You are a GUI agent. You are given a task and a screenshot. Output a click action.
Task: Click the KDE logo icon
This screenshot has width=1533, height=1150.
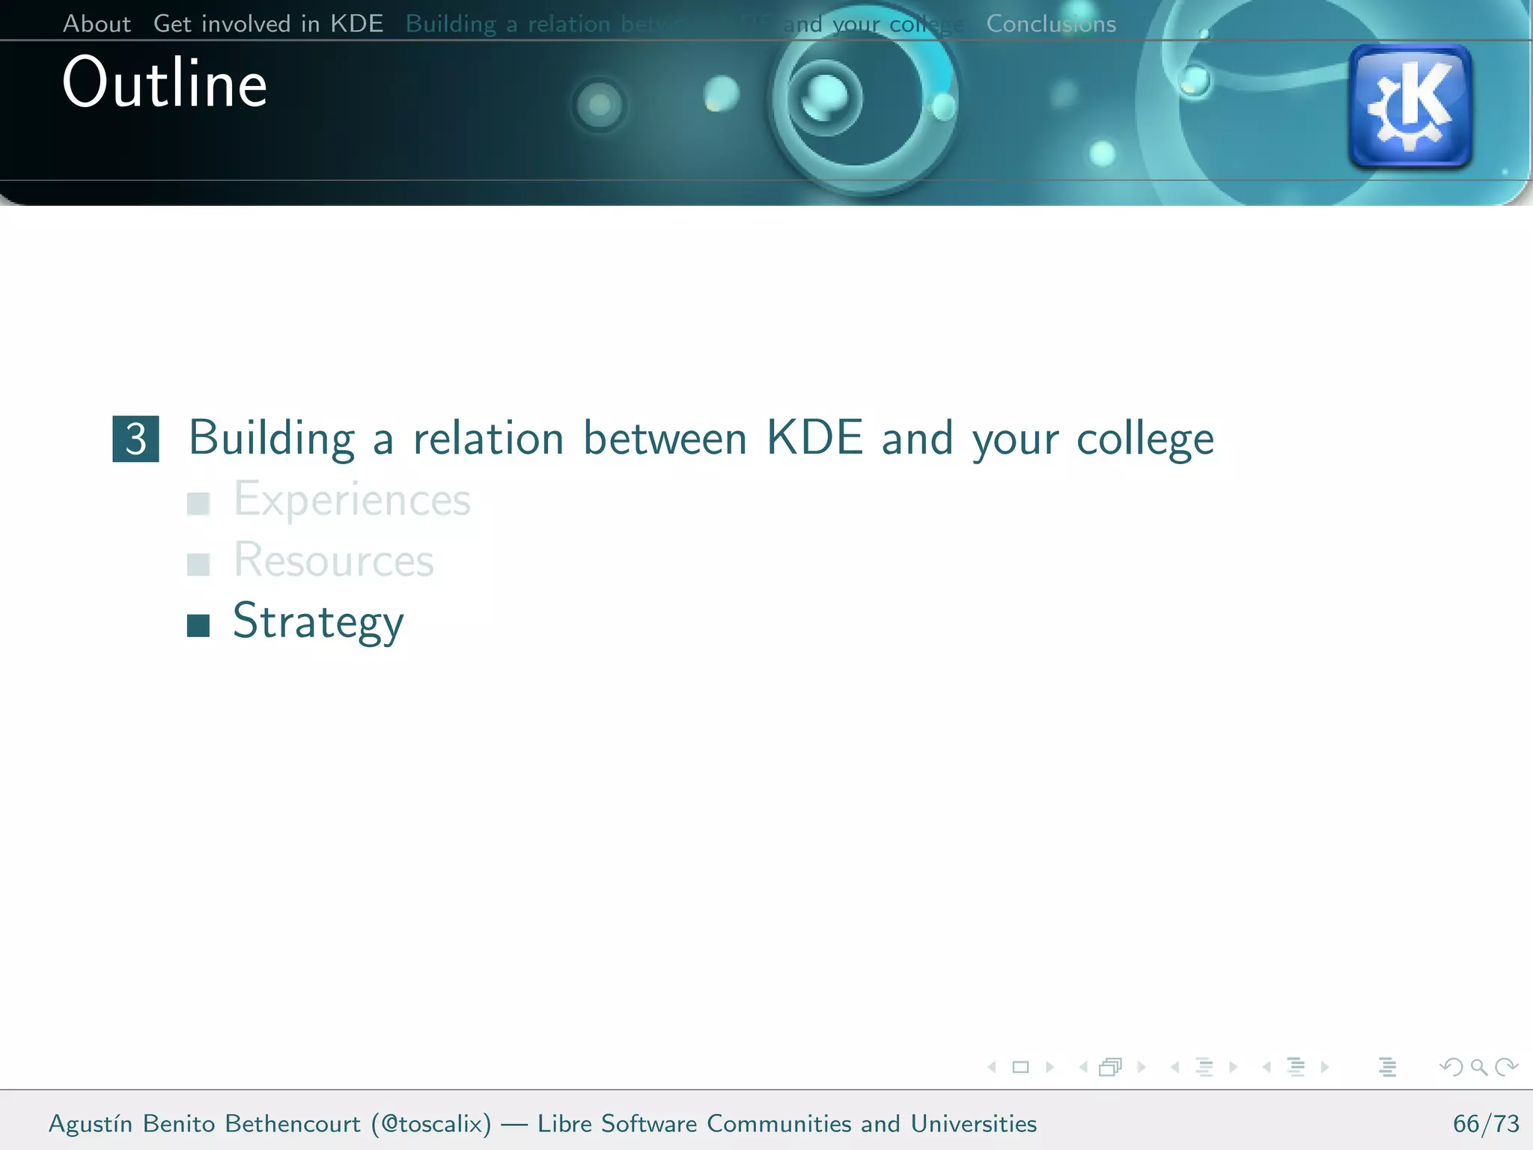tap(1410, 106)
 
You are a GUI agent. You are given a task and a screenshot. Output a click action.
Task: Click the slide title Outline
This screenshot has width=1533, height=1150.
tap(165, 82)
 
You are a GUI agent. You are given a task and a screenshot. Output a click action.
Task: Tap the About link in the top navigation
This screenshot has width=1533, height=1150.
tap(97, 24)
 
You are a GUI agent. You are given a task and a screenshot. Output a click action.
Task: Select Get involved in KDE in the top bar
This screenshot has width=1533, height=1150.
tap(268, 24)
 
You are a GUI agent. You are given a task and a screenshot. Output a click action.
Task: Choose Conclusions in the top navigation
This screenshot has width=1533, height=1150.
tap(1051, 24)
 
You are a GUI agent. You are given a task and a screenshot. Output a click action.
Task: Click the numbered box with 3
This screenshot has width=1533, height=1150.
tap(135, 439)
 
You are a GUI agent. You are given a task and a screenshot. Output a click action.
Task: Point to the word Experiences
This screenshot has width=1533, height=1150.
tap(352, 499)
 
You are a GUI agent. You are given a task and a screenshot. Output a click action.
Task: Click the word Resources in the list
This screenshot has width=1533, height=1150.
tap(333, 560)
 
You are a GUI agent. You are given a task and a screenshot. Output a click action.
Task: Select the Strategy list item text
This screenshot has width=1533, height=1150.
tap(318, 621)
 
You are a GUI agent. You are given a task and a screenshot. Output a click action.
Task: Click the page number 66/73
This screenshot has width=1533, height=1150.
tap(1486, 1124)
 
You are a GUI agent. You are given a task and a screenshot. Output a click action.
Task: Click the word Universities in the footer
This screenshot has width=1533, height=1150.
tap(973, 1124)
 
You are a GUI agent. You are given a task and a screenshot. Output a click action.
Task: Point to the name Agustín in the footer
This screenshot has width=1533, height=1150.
tap(91, 1124)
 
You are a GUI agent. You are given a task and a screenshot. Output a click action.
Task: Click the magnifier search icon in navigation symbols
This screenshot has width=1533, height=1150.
tap(1478, 1067)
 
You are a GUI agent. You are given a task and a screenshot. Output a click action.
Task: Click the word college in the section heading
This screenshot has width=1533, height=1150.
tap(1145, 439)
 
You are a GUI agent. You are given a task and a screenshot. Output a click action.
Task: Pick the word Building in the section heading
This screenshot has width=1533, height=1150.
tap(272, 439)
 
